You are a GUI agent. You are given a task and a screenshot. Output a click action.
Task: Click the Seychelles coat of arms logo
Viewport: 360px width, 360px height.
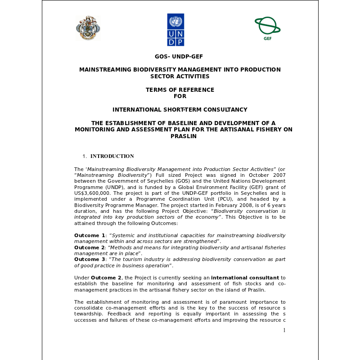click(x=88, y=28)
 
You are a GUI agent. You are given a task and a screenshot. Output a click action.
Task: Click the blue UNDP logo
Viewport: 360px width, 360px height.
click(x=175, y=30)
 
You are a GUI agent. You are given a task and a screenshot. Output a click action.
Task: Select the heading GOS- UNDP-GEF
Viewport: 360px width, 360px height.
click(x=180, y=57)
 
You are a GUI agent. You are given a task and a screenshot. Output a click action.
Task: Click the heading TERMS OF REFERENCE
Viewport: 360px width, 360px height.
click(x=180, y=90)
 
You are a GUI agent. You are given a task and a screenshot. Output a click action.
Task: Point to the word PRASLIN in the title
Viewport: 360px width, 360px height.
click(x=180, y=136)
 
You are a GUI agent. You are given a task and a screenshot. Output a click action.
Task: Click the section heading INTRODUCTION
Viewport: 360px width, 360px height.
click(x=112, y=156)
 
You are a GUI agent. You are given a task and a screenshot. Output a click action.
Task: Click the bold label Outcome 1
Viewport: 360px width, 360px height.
click(x=90, y=235)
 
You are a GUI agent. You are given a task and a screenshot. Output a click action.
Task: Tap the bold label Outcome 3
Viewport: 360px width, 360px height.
click(x=90, y=259)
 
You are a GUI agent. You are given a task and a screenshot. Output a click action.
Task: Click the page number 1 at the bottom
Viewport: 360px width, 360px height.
click(x=284, y=330)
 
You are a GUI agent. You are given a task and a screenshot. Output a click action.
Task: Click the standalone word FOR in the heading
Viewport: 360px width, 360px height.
click(x=180, y=96)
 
